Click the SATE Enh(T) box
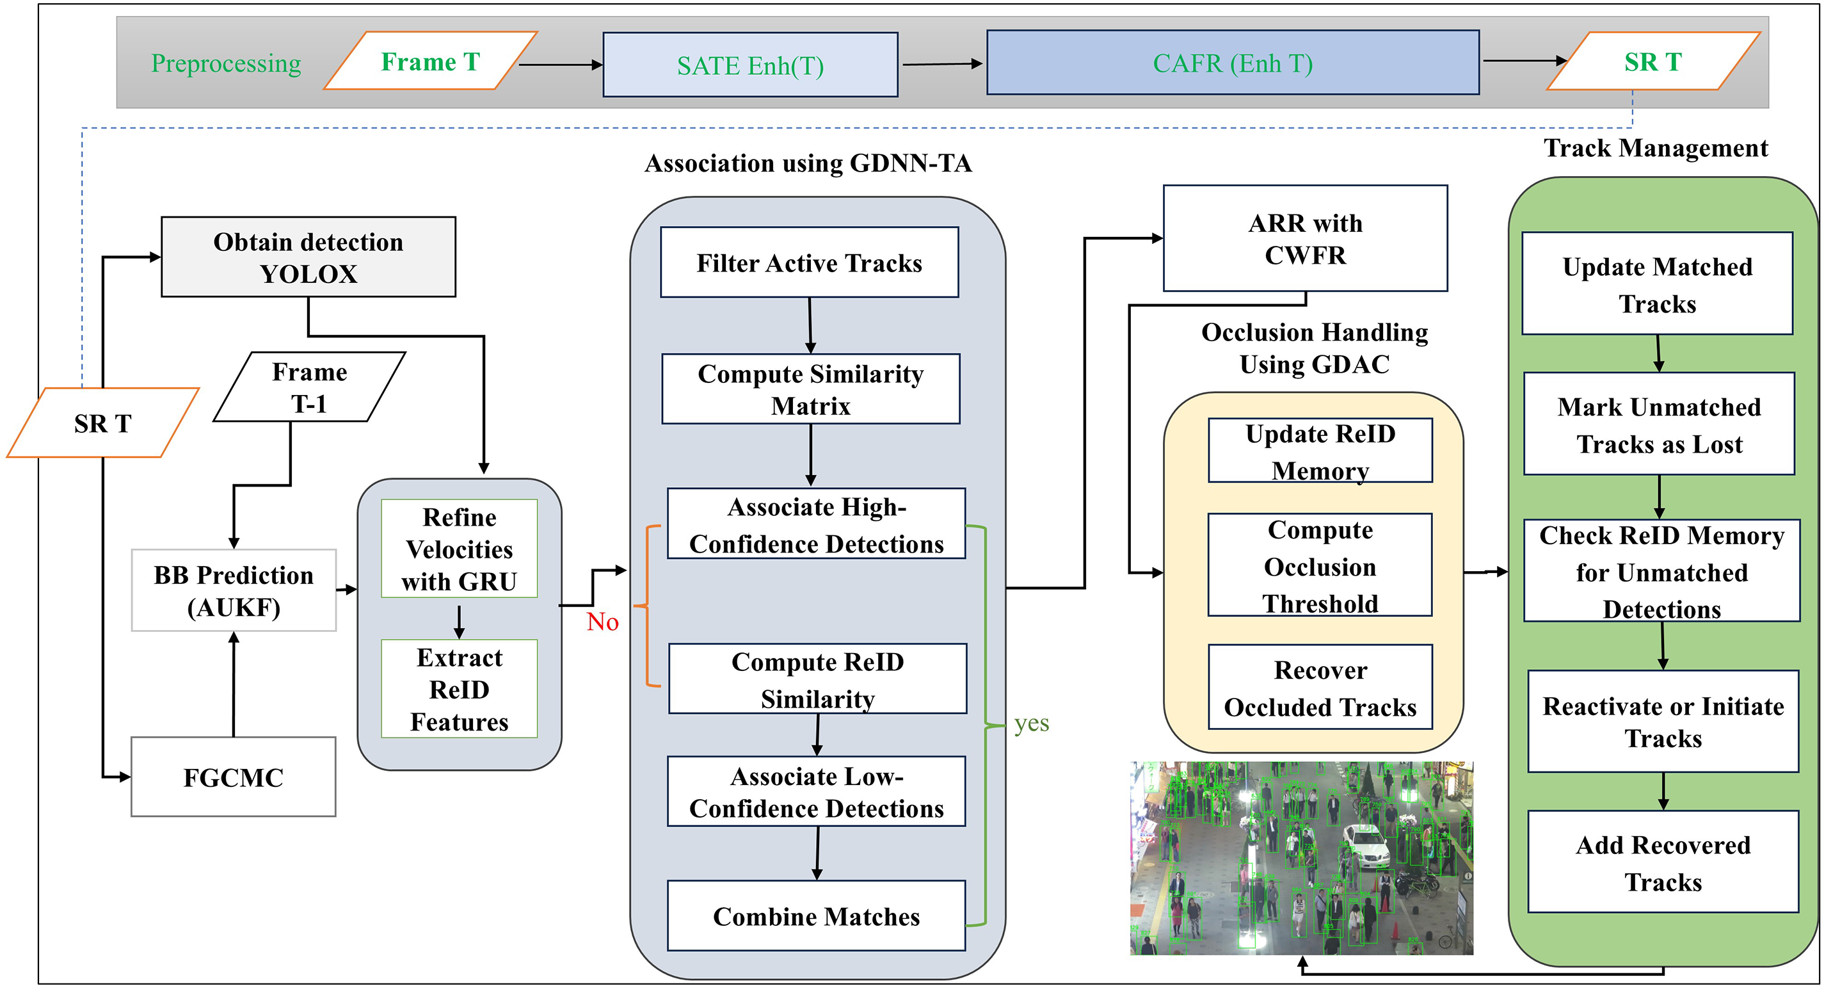coord(750,65)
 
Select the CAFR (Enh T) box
coord(1232,63)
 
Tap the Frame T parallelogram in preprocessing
coord(431,61)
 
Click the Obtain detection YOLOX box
coord(308,257)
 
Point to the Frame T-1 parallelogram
coord(309,387)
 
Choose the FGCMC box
coord(233,777)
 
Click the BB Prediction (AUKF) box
coord(234,591)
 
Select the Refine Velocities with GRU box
coord(459,549)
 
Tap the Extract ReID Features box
coord(459,689)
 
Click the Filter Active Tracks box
coord(810,263)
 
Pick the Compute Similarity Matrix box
coord(811,389)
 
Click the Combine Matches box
coord(816,916)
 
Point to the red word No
coord(603,622)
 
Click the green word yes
coord(1031,723)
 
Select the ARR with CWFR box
coord(1305,239)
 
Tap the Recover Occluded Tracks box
coord(1320,688)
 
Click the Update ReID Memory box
coord(1320,451)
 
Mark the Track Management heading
coord(1656,148)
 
